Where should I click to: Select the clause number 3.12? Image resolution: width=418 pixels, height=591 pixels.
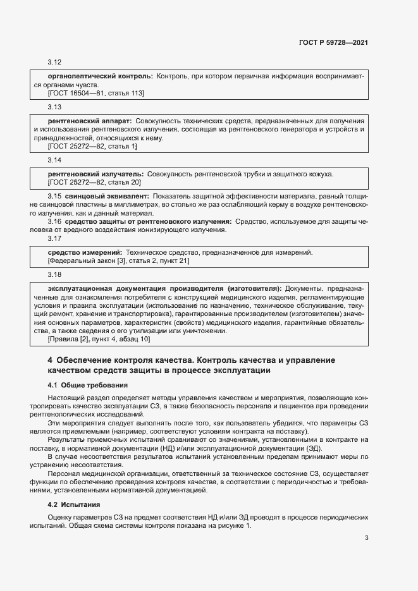pyautogui.click(x=54, y=63)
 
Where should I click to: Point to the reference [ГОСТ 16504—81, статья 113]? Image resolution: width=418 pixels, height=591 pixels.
pyautogui.click(x=96, y=94)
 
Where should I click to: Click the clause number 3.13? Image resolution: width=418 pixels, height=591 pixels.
pyautogui.click(x=54, y=107)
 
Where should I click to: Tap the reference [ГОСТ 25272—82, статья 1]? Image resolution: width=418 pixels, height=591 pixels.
pyautogui.click(x=92, y=147)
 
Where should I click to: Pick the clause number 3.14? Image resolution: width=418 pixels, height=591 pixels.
pyautogui.click(x=54, y=160)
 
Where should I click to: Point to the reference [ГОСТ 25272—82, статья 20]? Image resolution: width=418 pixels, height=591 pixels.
pyautogui.click(x=94, y=182)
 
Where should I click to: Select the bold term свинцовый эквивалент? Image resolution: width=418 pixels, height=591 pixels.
pyautogui.click(x=107, y=197)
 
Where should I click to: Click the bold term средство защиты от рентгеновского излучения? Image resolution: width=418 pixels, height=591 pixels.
pyautogui.click(x=148, y=222)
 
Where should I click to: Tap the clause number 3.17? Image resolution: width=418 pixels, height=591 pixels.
pyautogui.click(x=54, y=239)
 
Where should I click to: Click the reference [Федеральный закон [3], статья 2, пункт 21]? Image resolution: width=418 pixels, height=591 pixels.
pyautogui.click(x=118, y=260)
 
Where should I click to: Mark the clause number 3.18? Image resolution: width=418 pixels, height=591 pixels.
pyautogui.click(x=54, y=274)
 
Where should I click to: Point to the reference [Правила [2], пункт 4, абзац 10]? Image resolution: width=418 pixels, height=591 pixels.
pyautogui.click(x=99, y=339)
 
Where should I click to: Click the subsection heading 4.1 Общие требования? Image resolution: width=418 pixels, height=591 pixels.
pyautogui.click(x=87, y=385)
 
